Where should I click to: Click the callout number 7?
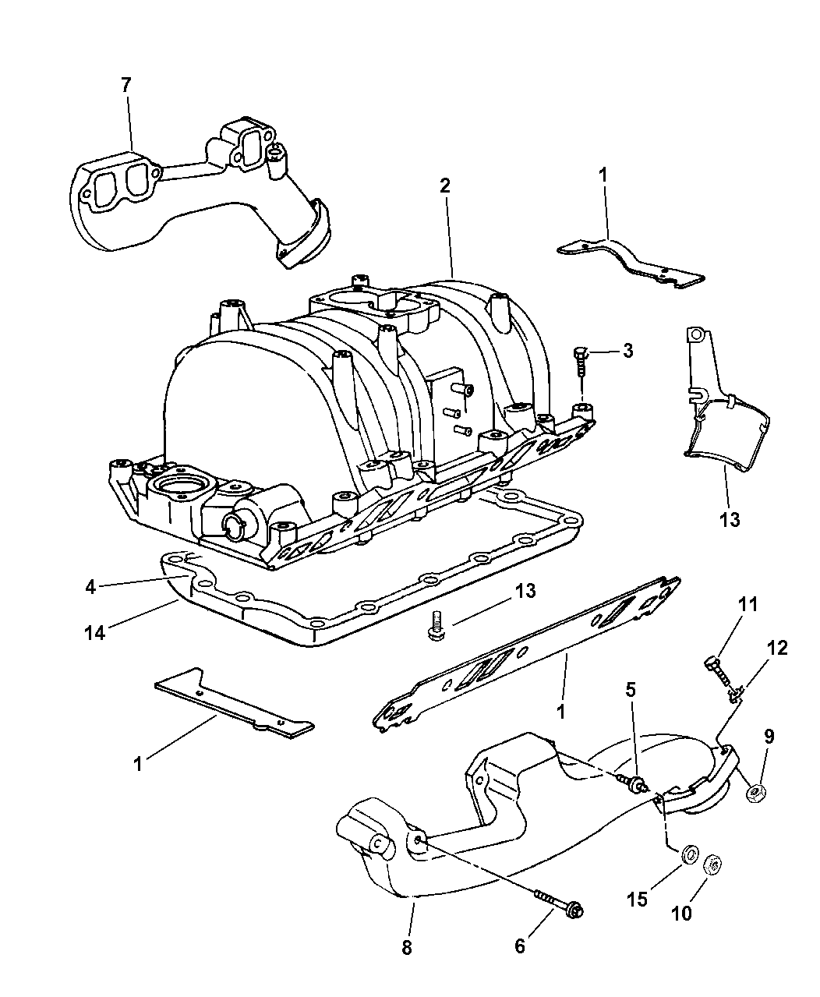tap(125, 86)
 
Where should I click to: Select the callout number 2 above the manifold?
tap(445, 186)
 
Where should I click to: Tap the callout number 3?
tap(627, 351)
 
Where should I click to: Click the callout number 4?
tap(90, 587)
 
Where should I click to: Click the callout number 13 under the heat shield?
tap(730, 520)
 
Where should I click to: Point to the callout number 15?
tap(637, 898)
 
